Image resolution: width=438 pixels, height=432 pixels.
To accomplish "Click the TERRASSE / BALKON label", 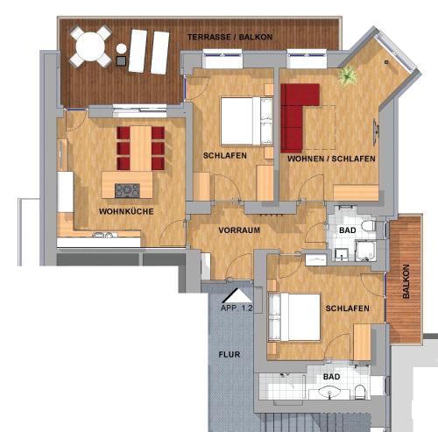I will coord(230,38).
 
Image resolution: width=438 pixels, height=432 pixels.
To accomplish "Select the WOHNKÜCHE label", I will coord(123,211).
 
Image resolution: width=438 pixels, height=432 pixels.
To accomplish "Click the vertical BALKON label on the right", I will coord(405,282).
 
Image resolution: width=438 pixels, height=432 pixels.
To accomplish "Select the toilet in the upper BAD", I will coord(369,228).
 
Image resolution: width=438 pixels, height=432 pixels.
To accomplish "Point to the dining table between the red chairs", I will coord(140,148).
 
